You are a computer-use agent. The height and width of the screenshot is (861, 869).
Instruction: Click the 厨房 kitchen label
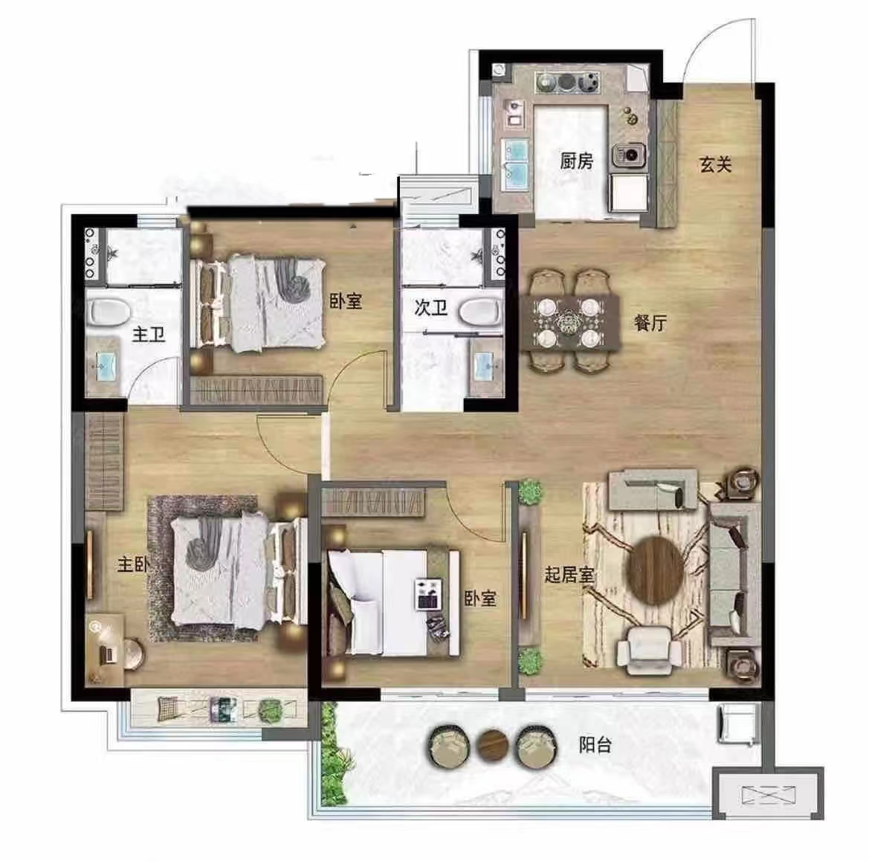576,161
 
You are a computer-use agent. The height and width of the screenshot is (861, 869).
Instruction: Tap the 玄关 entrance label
715,164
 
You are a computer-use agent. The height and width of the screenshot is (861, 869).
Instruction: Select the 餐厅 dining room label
650,323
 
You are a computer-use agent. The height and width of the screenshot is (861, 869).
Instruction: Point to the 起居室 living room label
569,574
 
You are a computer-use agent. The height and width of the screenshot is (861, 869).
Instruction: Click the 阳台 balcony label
595,744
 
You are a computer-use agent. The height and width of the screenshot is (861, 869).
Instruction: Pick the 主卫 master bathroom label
149,335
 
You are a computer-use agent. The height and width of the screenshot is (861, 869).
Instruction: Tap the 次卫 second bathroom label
430,307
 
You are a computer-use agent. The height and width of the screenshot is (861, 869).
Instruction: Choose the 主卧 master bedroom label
133,564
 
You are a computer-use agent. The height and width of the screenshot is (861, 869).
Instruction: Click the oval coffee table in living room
655,570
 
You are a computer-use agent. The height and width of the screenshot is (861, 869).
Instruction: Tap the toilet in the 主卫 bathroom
109,312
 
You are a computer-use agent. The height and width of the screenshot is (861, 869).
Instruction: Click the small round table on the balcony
493,744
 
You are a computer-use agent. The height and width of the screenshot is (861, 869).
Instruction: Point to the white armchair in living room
649,650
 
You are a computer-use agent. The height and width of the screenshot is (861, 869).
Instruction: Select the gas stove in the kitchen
566,83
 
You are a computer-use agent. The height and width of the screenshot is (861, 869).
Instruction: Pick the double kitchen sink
516,161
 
